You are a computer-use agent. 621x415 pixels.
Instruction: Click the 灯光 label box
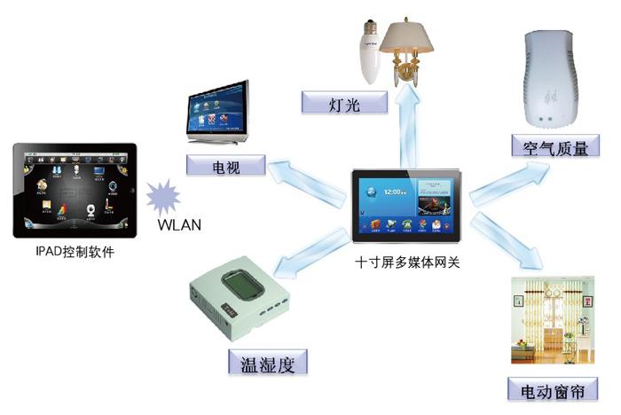click(x=345, y=103)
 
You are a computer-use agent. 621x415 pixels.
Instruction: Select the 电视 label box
click(x=226, y=165)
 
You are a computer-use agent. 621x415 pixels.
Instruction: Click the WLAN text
click(x=178, y=223)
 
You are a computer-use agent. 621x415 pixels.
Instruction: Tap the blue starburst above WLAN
click(x=165, y=195)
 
